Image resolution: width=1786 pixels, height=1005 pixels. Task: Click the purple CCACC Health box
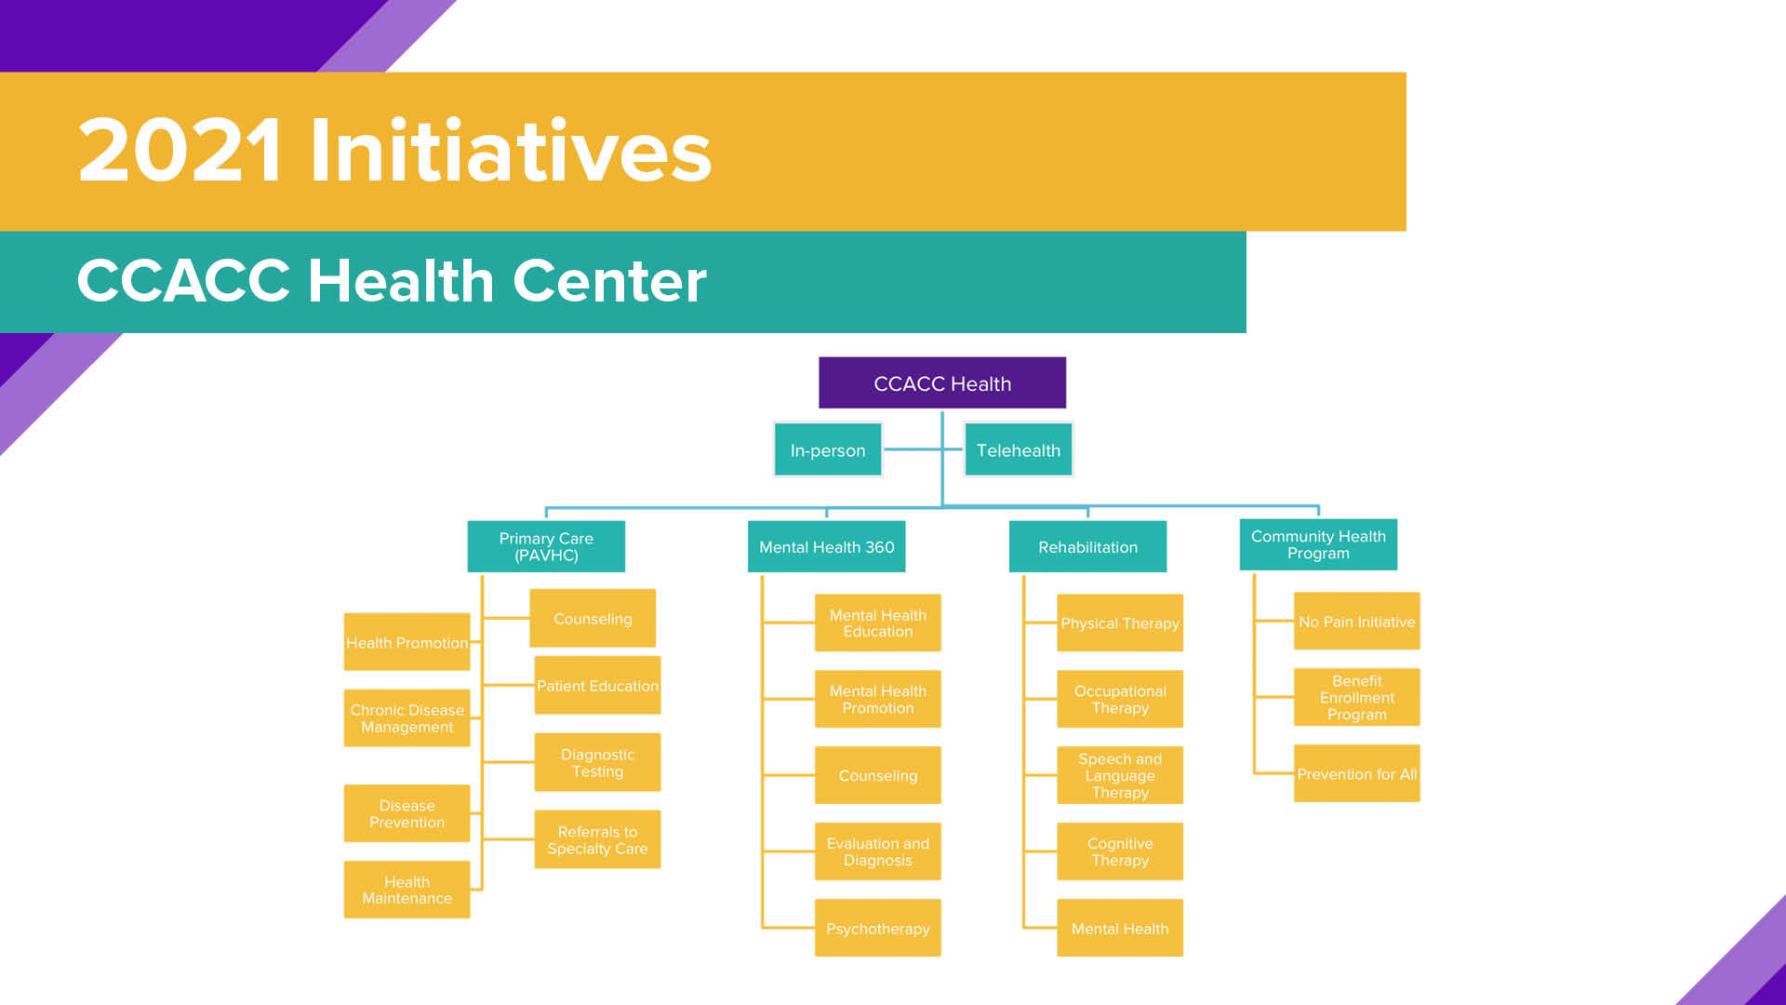click(942, 382)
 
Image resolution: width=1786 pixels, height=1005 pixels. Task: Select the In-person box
click(828, 449)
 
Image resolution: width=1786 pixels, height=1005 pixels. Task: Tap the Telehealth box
click(1019, 449)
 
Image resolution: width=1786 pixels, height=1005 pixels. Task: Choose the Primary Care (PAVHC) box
click(546, 546)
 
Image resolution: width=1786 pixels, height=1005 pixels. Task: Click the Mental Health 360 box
click(827, 546)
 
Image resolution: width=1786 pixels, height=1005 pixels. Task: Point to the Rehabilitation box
click(1088, 546)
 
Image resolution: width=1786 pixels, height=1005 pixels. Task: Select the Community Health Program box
click(1318, 544)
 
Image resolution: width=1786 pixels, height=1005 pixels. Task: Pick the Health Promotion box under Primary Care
click(407, 642)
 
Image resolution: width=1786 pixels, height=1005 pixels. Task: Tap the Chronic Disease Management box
click(407, 717)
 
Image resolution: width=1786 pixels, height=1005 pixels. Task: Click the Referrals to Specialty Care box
click(597, 839)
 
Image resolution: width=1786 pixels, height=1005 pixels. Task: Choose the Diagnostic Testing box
click(597, 762)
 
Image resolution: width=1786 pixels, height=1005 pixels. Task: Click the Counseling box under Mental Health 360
click(878, 775)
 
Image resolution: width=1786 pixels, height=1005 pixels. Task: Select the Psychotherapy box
click(878, 928)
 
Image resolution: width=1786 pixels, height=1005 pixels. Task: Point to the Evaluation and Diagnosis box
click(878, 851)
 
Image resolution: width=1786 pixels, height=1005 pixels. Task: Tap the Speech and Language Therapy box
click(1120, 775)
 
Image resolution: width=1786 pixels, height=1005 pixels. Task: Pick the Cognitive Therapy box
click(1120, 851)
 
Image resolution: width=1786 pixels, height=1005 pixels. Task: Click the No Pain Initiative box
click(1357, 621)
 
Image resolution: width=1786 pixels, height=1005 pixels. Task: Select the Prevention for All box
click(1357, 773)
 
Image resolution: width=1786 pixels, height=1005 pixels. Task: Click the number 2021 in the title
click(180, 150)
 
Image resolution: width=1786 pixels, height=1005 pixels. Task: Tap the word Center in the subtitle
click(609, 280)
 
